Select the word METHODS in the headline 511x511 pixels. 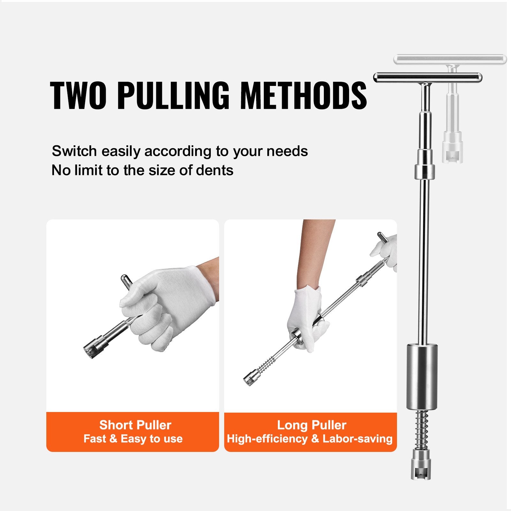(303, 95)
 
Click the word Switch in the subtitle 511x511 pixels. (74, 151)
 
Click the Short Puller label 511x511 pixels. (135, 425)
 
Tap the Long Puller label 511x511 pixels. (312, 425)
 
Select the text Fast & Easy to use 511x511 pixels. (133, 439)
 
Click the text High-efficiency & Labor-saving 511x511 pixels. (310, 439)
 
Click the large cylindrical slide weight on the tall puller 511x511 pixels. (422, 376)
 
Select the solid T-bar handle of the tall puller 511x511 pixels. (428, 78)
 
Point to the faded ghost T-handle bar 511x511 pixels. (450, 59)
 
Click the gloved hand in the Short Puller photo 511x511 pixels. (163, 307)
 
